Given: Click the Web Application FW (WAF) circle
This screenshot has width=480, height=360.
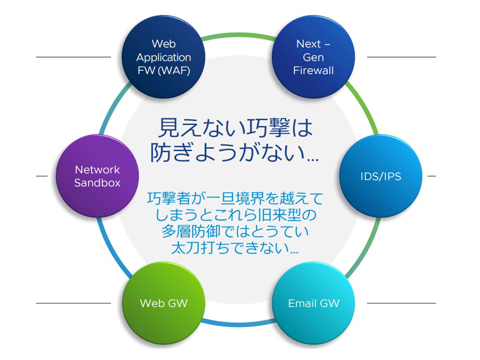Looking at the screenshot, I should [163, 57].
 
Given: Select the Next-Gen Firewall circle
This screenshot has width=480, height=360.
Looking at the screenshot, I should [313, 57].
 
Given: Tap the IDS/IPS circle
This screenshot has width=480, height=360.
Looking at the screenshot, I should [381, 176].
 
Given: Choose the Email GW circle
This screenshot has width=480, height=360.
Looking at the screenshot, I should [313, 303].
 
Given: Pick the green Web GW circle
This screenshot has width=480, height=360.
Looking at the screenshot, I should [163, 303].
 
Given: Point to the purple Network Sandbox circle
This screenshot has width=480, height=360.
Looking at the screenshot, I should [97, 176].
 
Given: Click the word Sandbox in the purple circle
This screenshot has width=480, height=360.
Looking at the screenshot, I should [97, 183].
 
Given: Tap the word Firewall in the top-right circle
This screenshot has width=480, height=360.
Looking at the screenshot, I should [313, 70].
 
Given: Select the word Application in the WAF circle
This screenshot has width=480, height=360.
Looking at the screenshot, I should [163, 57].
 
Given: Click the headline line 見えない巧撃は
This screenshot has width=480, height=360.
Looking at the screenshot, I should [235, 128].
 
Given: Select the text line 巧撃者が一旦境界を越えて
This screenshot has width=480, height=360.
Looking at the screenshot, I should [235, 199].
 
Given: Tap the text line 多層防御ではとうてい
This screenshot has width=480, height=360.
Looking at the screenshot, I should [235, 231].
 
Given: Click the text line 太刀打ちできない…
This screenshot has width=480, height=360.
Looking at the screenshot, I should [235, 248].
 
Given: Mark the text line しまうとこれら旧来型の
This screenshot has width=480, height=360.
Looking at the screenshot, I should [235, 215].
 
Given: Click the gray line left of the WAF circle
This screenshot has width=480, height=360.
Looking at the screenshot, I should [73, 57].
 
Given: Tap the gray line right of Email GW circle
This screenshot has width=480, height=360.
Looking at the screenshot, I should [401, 303].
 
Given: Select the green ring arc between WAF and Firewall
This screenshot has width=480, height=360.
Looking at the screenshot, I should [238, 36].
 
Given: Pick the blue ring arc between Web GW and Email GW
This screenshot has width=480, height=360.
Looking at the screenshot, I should [238, 324].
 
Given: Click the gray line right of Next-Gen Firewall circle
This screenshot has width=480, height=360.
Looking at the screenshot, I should [401, 57].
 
